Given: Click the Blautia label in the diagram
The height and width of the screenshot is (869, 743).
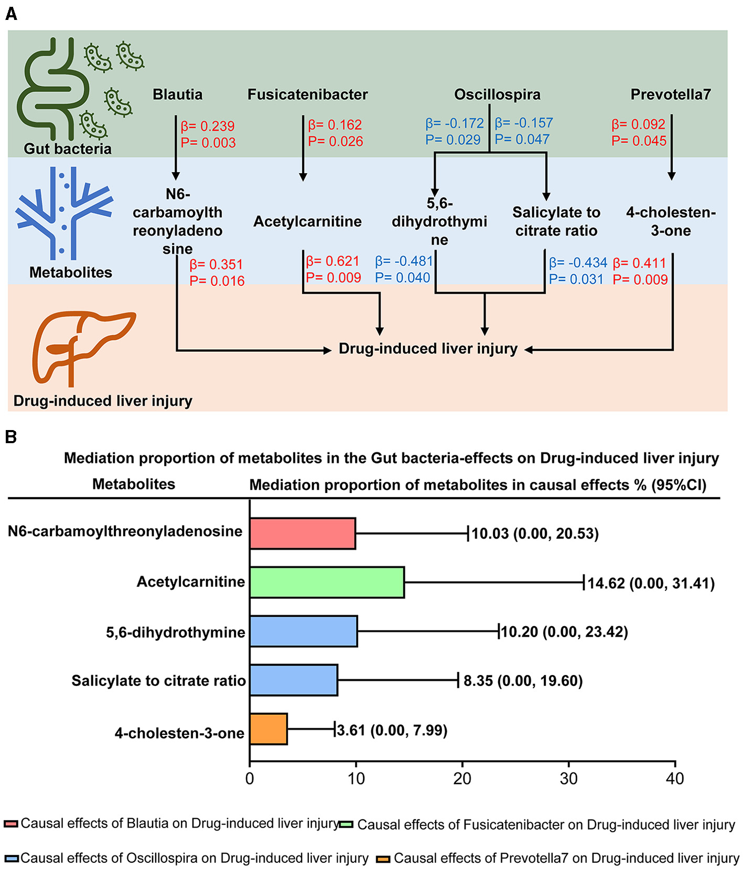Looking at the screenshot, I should click(x=177, y=94).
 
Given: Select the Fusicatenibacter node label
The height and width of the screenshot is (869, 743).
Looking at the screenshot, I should click(x=307, y=94).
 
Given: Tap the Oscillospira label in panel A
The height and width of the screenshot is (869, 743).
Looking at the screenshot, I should click(x=497, y=94).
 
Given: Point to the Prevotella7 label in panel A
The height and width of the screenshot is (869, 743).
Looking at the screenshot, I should click(x=670, y=94).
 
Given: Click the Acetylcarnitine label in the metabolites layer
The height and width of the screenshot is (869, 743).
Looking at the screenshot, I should click(x=307, y=221).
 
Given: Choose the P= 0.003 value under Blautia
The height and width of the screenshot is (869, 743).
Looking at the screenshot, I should click(x=208, y=143).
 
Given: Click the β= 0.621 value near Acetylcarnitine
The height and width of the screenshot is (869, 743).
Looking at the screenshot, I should click(x=333, y=261).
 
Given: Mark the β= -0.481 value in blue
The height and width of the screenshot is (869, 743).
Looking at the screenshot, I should click(x=404, y=261).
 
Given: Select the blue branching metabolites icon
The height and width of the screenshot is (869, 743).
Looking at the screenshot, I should click(x=64, y=212).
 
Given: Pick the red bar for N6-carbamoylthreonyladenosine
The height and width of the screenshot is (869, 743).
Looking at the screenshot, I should click(x=303, y=533).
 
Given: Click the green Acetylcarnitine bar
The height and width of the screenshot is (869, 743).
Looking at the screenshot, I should click(x=327, y=582).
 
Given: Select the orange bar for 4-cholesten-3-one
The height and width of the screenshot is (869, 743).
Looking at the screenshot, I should click(x=268, y=729).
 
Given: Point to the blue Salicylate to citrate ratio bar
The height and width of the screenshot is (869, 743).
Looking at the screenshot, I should click(x=294, y=680).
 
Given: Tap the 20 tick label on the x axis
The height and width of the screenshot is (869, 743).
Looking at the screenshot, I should click(x=462, y=779).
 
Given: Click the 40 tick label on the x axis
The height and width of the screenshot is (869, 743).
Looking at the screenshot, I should click(x=675, y=779).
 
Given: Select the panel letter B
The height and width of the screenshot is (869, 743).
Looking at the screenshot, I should click(x=10, y=437).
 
